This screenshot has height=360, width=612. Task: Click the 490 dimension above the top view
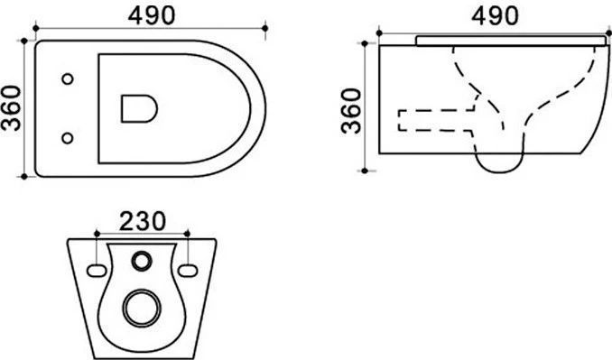[x=152, y=16]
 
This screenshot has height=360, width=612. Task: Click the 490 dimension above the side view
[x=495, y=16]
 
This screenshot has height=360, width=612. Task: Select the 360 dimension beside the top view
[x=11, y=108]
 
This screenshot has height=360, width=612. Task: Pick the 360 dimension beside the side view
[x=351, y=111]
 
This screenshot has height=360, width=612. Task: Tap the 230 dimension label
[x=143, y=221]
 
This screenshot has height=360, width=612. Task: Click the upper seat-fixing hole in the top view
[x=68, y=78]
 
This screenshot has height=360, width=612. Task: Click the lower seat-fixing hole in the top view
[x=68, y=138]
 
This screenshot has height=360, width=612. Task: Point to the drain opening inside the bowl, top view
[x=139, y=108]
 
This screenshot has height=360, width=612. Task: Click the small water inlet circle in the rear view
[x=142, y=261]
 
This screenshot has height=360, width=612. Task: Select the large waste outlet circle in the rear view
[x=142, y=309]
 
